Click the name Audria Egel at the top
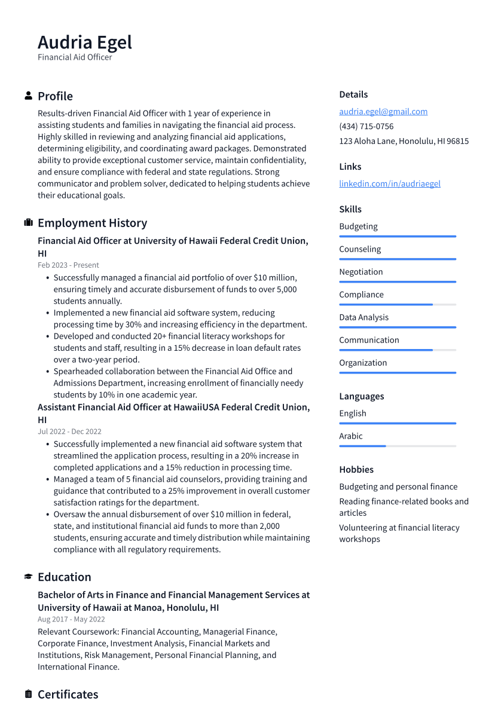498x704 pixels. [x=85, y=43]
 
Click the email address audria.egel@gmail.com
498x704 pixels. [x=383, y=112]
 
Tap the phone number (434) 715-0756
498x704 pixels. [x=366, y=127]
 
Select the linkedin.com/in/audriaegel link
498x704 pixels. [x=389, y=184]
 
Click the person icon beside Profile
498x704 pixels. [x=28, y=96]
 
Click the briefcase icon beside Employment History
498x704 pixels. [x=28, y=223]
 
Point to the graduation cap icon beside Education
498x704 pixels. [x=28, y=577]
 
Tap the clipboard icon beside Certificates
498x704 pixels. [x=28, y=694]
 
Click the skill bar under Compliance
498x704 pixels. [x=397, y=305]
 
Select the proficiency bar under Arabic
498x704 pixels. [x=397, y=446]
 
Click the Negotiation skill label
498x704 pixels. [x=360, y=272]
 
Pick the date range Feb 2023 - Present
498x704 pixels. [x=68, y=265]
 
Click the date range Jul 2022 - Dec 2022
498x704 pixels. [x=69, y=431]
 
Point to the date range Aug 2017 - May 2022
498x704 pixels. [x=71, y=620]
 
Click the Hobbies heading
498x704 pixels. [x=356, y=470]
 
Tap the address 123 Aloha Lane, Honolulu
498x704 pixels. [x=404, y=142]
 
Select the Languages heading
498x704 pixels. [x=361, y=396]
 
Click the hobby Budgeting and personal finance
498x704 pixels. [x=398, y=487]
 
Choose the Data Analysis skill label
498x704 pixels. [x=363, y=317]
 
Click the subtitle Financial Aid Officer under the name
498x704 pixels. [x=75, y=57]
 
